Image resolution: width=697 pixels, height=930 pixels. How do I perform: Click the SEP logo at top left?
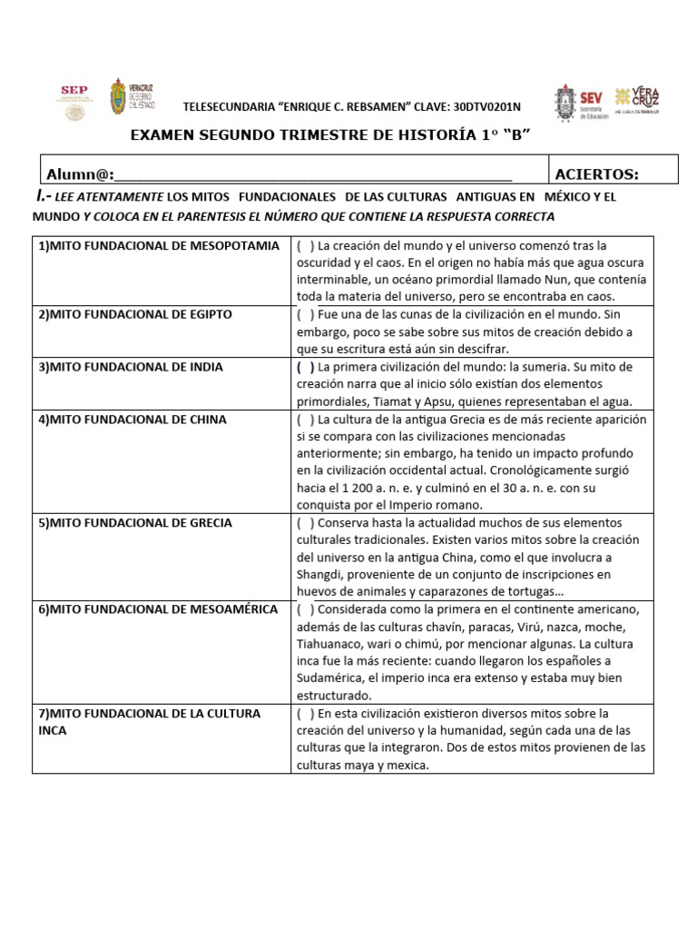click(x=72, y=100)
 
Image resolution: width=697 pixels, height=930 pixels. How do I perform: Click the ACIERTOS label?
click(x=596, y=174)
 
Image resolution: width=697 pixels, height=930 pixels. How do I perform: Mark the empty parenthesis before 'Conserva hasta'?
click(x=305, y=523)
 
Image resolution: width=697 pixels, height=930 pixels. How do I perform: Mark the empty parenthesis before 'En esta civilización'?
click(x=305, y=713)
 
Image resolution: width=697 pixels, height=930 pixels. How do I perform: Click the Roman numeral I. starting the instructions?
click(x=40, y=197)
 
